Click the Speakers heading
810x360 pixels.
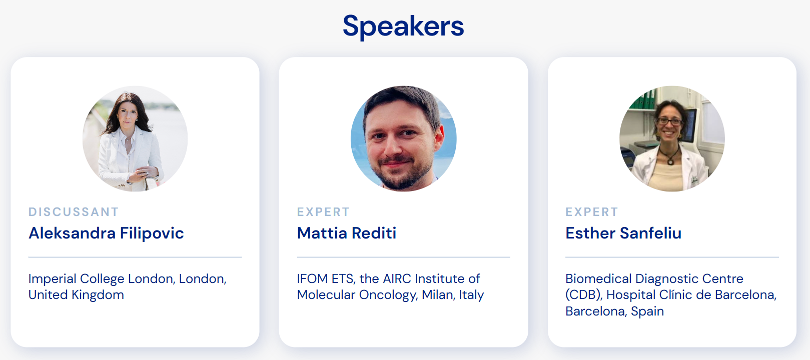tap(403, 26)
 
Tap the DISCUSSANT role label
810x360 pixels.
tap(74, 212)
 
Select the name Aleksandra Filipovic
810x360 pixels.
tap(106, 233)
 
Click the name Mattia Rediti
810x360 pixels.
tap(347, 233)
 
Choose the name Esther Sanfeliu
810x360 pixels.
tap(623, 233)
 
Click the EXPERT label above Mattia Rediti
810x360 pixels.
tap(324, 212)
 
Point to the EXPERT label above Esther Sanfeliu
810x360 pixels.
tap(592, 212)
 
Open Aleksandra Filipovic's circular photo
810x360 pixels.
tap(135, 138)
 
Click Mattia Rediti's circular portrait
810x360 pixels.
tap(404, 138)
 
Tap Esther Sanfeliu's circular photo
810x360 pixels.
tap(672, 138)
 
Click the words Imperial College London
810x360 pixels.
tap(103, 279)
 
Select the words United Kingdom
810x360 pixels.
tap(77, 295)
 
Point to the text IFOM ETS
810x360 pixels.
tap(325, 278)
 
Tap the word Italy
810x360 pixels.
tap(471, 295)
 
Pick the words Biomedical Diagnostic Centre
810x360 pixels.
tap(654, 279)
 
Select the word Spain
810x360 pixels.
tap(647, 311)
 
